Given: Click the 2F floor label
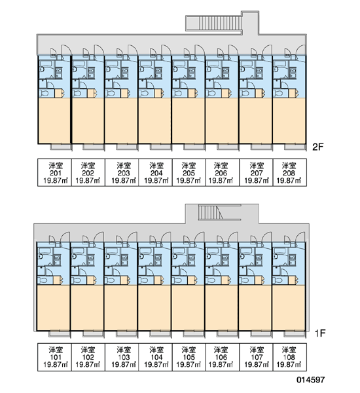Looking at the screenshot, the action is click(x=318, y=147).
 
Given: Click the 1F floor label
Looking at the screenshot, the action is click(x=320, y=333).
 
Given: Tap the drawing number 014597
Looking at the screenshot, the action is click(x=311, y=380).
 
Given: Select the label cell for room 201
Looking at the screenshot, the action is click(x=54, y=172).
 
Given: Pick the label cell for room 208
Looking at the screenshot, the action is click(x=289, y=172).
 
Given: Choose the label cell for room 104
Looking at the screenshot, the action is click(x=155, y=357).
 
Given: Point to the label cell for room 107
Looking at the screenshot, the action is click(x=256, y=357).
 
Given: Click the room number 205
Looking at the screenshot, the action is click(x=189, y=173).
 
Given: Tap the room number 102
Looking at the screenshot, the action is click(x=88, y=357).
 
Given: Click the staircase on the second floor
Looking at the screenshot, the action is click(x=220, y=23).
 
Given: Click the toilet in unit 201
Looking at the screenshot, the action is click(x=45, y=94).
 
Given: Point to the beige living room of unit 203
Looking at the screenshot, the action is click(x=121, y=121).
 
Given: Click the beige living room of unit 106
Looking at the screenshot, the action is click(x=221, y=308).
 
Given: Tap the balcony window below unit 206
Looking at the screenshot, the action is click(x=228, y=147).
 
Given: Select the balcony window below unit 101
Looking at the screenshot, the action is click(x=60, y=334).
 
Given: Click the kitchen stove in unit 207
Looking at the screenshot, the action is click(x=259, y=73).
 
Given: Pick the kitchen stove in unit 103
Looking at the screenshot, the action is click(x=124, y=260).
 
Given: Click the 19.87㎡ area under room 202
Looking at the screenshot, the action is click(x=88, y=181).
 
